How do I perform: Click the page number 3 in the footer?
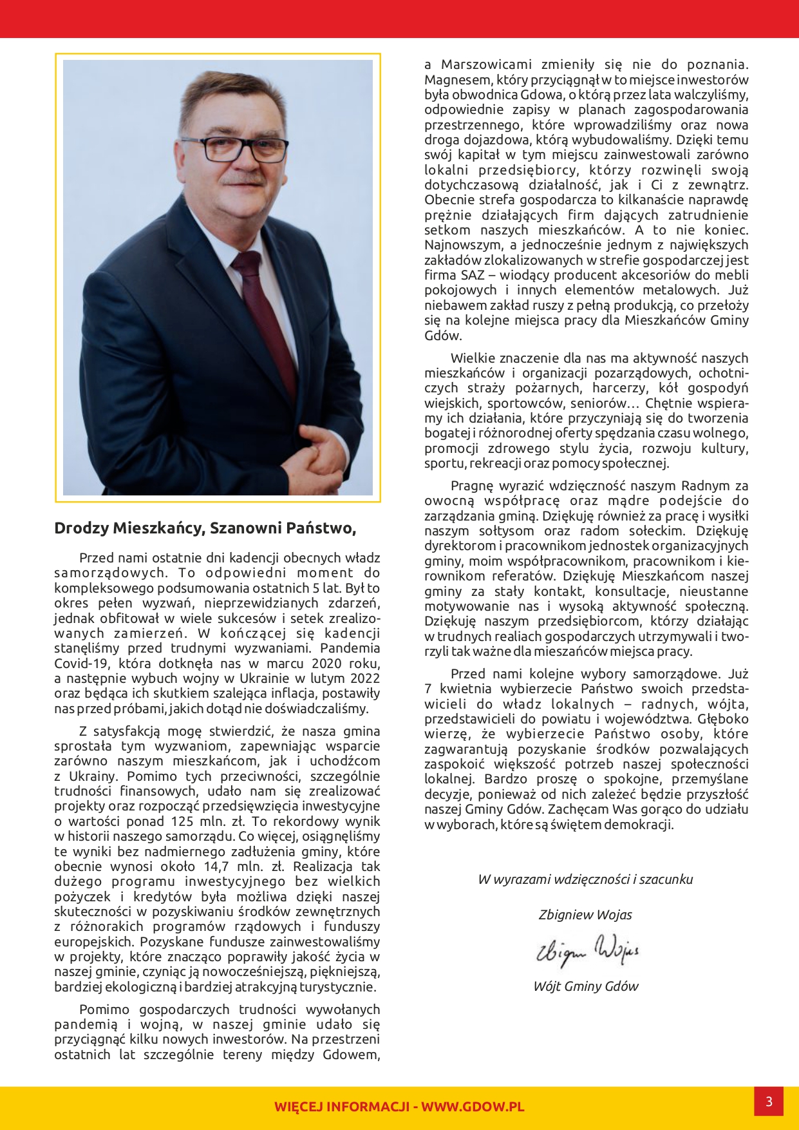tap(769, 1102)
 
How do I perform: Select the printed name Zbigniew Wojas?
tap(585, 915)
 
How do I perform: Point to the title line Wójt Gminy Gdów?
tap(586, 986)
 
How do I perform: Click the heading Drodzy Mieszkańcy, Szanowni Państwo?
tap(205, 528)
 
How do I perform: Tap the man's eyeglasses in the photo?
tap(235, 148)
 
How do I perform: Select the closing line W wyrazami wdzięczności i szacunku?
tap(585, 879)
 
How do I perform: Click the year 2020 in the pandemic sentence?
tap(326, 664)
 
